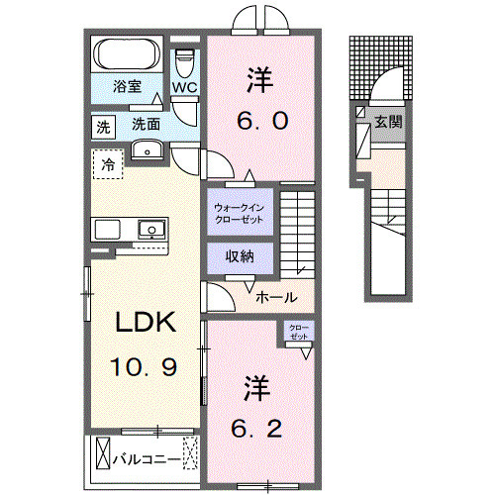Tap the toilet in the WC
(185, 63)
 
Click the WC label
(185, 87)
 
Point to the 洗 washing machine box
(103, 126)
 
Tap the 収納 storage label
(240, 255)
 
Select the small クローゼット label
(297, 333)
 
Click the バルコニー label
(146, 459)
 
